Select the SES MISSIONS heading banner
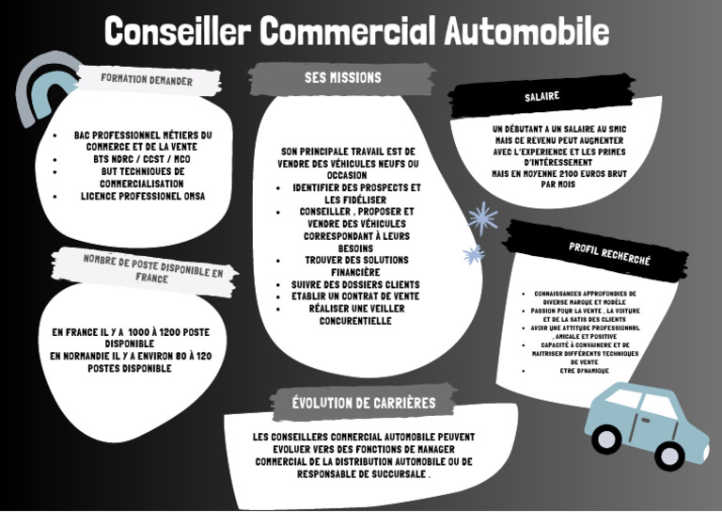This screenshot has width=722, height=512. (x=342, y=78)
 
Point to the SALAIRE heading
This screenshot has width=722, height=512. (x=541, y=96)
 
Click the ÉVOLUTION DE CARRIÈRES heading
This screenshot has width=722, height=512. (x=363, y=403)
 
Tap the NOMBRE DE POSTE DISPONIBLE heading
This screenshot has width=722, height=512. (x=152, y=268)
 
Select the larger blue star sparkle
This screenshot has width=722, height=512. (x=483, y=218)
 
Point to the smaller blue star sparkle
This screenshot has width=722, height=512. (x=474, y=254)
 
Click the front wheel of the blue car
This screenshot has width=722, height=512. (x=669, y=456)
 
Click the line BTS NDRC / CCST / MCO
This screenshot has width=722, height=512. (x=142, y=159)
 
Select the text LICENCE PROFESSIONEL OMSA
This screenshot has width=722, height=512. (x=143, y=196)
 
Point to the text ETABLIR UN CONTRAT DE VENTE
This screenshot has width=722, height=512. (x=354, y=296)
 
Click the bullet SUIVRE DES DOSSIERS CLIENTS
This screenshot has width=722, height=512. (x=354, y=284)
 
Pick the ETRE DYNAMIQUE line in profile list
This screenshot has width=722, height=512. (x=584, y=371)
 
